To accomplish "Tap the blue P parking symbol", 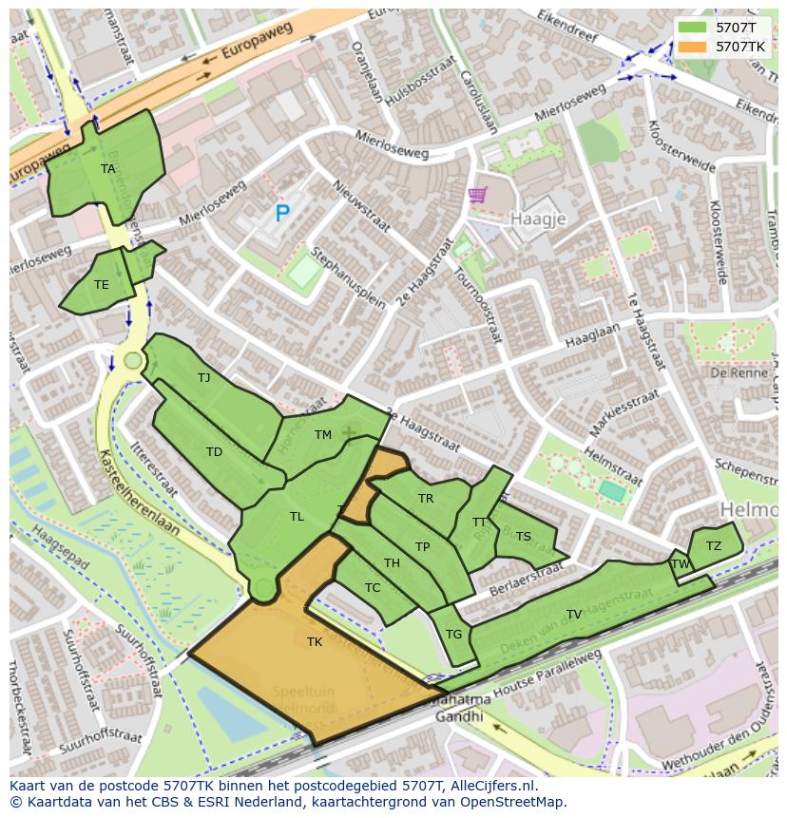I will [281, 214].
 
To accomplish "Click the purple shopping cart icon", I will [477, 196].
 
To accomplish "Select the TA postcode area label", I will [108, 169].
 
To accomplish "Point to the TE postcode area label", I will [102, 284].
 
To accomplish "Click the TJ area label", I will [203, 377].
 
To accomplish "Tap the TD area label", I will [214, 451].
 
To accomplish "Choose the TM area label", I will [323, 435].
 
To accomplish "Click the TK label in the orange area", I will [315, 642].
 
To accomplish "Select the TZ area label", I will [714, 545].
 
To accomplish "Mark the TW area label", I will [681, 563].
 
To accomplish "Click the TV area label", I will [574, 615].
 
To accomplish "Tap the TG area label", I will [453, 635].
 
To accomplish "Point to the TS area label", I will [524, 536].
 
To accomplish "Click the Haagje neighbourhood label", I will [538, 219].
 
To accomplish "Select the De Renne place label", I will [732, 372].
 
